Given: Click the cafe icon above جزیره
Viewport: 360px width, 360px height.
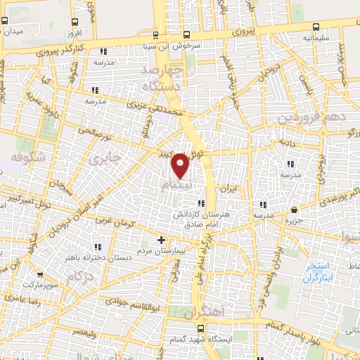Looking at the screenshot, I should (293, 210).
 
